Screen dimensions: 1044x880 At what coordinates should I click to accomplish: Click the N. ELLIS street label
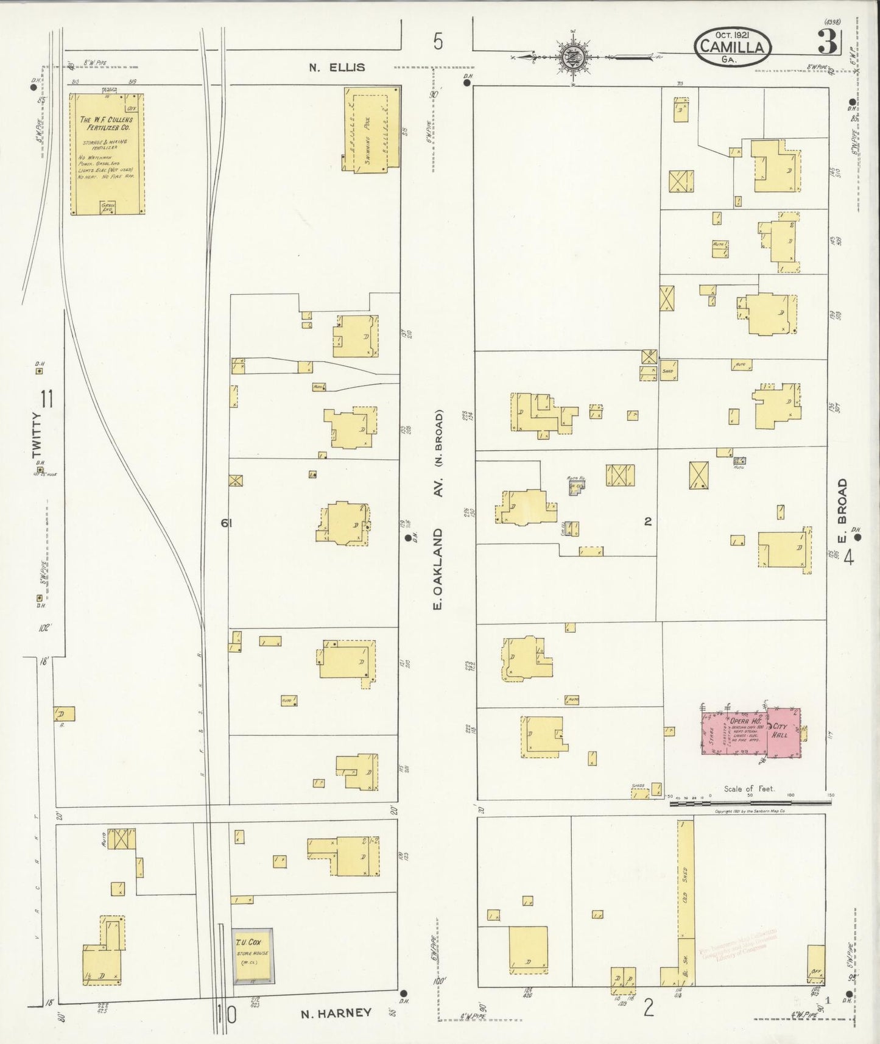pos(337,67)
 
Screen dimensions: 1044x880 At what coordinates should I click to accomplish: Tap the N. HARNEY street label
pos(336,1012)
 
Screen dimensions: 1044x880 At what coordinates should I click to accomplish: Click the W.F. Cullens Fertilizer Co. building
pos(106,153)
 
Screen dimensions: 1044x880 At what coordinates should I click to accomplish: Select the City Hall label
pos(781,730)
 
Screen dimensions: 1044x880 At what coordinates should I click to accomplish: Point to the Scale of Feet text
pos(748,788)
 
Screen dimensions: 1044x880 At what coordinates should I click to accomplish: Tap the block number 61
pos(227,522)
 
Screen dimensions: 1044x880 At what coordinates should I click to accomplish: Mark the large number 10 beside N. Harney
pos(226,1014)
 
